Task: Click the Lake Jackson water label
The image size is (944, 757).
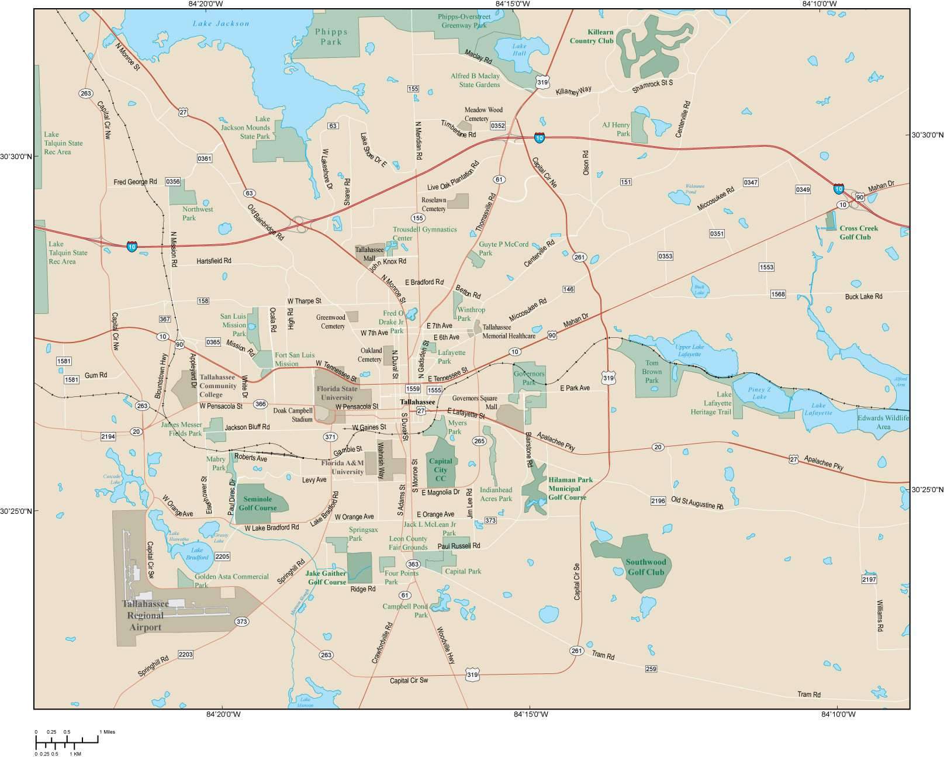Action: click(220, 23)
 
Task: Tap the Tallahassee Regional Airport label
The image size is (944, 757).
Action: click(145, 615)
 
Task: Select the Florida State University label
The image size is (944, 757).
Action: click(337, 393)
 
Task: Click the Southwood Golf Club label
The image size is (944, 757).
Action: click(645, 567)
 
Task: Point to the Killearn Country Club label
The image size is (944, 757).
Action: click(592, 37)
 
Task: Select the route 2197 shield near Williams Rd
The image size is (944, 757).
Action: click(869, 579)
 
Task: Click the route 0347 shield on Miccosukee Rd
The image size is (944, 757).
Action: click(751, 182)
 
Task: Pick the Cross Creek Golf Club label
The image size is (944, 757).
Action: click(855, 233)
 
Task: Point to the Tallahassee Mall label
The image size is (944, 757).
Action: click(369, 254)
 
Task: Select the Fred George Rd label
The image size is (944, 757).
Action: click(135, 182)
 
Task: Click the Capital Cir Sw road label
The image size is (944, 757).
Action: click(409, 680)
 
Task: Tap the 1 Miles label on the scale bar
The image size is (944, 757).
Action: click(108, 732)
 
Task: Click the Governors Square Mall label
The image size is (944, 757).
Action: click(475, 402)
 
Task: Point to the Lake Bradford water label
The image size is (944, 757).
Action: click(197, 554)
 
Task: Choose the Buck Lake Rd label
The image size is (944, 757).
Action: click(863, 296)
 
